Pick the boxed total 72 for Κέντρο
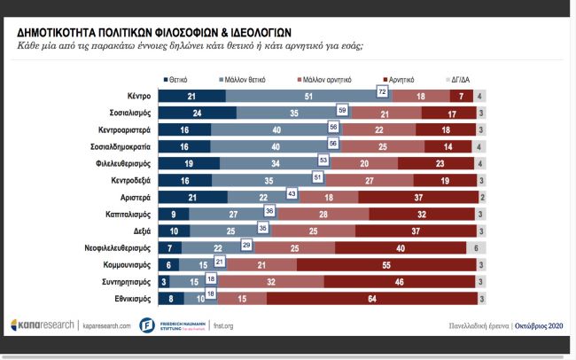pyautogui.click(x=381, y=92)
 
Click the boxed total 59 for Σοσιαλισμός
pyautogui.click(x=342, y=110)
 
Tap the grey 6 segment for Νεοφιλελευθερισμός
pyautogui.click(x=476, y=248)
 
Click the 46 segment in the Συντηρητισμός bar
pyautogui.click(x=400, y=282)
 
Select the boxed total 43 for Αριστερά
pyautogui.click(x=292, y=194)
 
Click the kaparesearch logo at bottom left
pyautogui.click(x=43, y=325)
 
